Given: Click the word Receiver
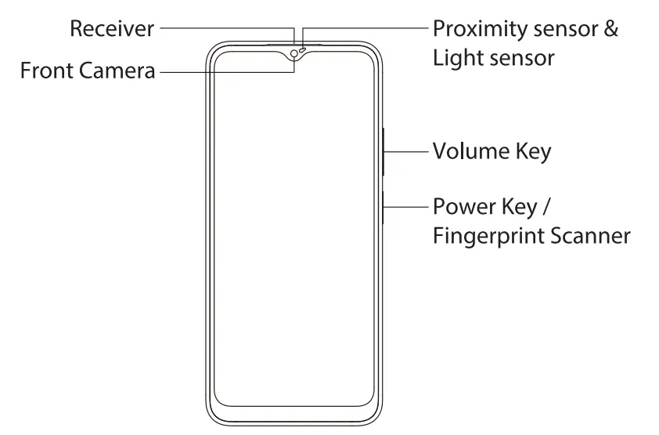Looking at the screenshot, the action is (111, 29).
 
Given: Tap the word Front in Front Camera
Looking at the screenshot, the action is (45, 71).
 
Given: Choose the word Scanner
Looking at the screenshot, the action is (592, 235).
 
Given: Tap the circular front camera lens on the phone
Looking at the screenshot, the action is (293, 53).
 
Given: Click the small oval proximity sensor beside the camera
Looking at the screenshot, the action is (303, 50).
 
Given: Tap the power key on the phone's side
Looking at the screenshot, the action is (384, 208).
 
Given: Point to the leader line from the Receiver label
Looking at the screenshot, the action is (227, 29).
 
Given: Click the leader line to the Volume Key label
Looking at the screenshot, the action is (407, 150).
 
